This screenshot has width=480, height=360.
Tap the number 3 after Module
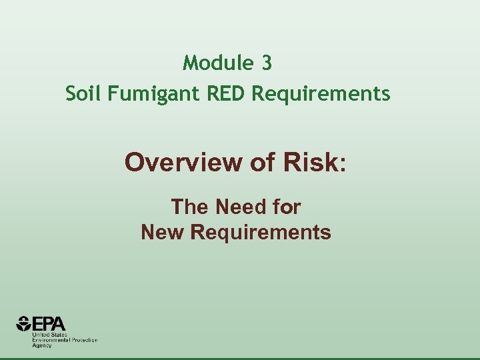point(267,63)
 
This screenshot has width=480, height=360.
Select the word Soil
point(81,94)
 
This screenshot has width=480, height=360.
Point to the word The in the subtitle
point(190,207)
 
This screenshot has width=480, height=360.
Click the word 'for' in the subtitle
point(286,207)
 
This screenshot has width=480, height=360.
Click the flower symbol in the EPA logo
point(24,324)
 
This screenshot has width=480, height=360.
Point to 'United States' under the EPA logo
point(47,335)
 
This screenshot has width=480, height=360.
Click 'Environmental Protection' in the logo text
point(65,340)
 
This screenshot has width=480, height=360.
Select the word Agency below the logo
point(42,345)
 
